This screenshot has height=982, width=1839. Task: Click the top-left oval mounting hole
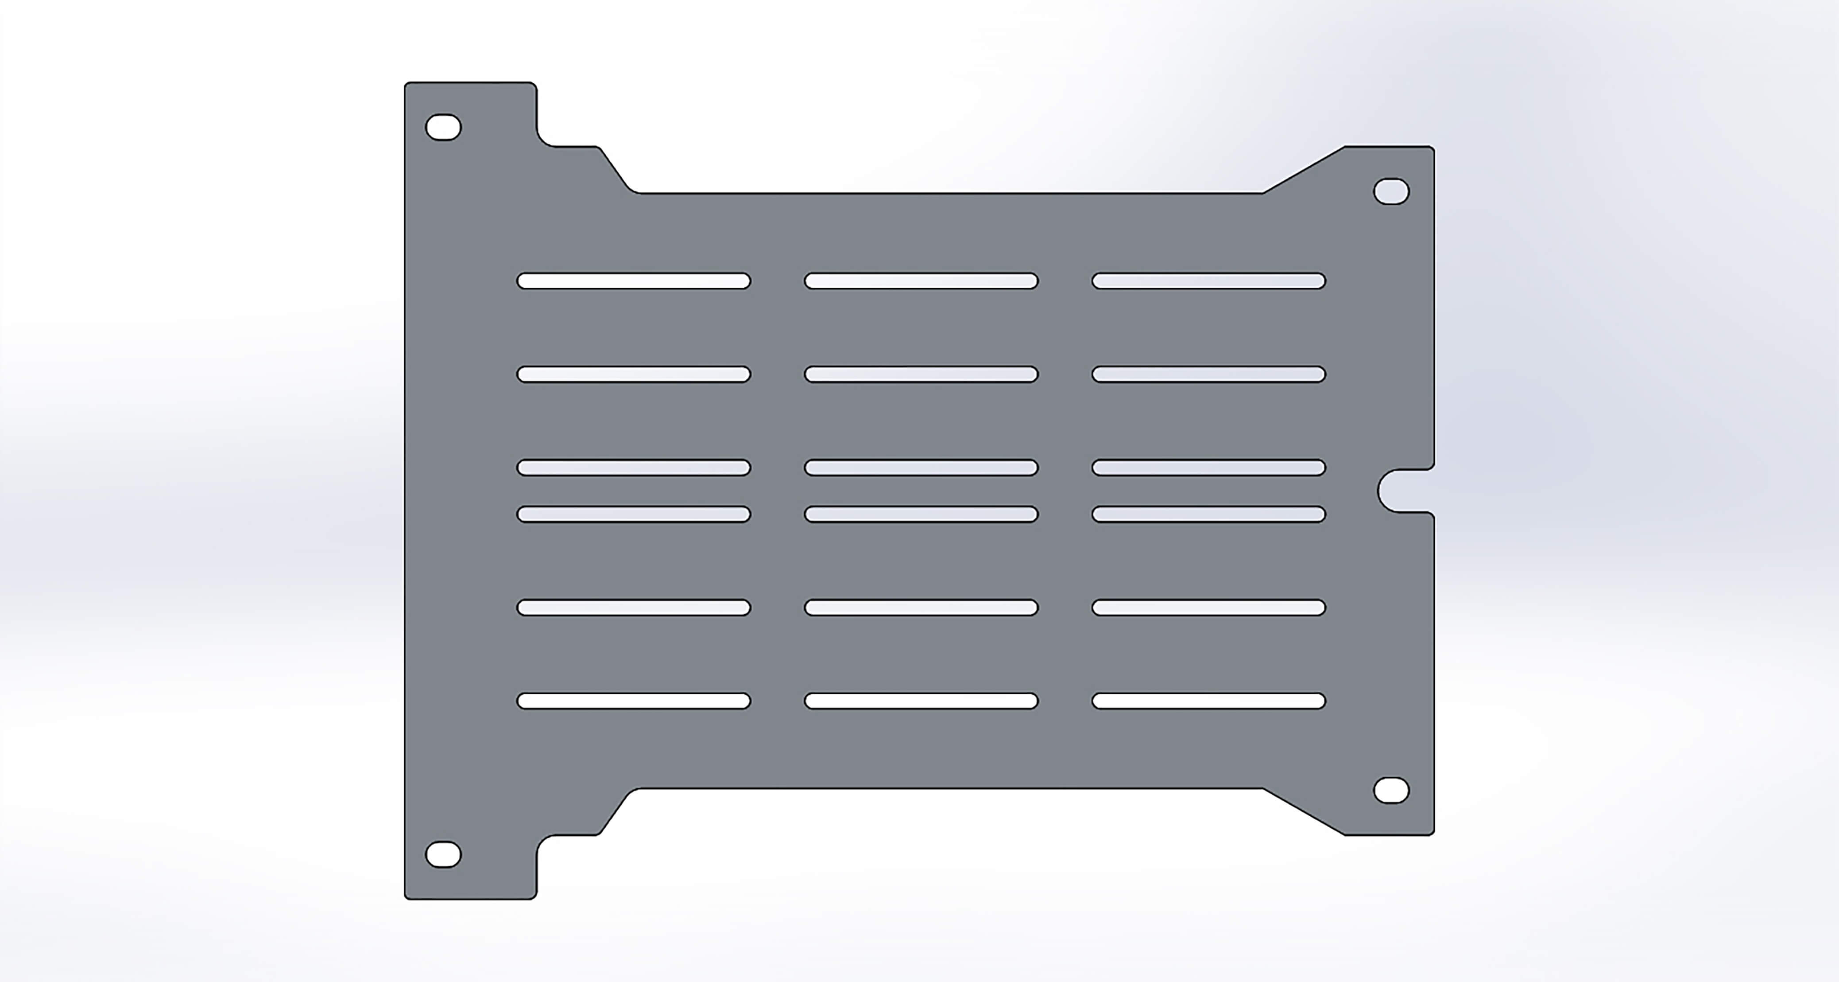click(x=443, y=127)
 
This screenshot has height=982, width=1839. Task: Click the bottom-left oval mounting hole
click(x=443, y=854)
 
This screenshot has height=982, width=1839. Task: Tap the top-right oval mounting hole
click(x=1391, y=191)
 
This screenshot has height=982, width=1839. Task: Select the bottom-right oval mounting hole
click(x=1391, y=791)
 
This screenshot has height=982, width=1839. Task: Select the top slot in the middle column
click(x=921, y=281)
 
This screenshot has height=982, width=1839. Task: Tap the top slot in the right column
click(x=1208, y=281)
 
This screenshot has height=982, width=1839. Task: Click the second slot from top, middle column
click(x=921, y=374)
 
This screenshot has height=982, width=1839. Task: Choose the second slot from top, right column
click(x=1208, y=374)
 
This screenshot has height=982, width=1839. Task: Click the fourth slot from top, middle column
click(x=921, y=514)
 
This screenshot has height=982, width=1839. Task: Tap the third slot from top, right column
click(x=1208, y=468)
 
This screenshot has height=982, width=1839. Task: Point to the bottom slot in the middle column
click(x=921, y=701)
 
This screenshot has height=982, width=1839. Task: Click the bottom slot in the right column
click(x=1208, y=701)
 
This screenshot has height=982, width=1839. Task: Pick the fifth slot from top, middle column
click(x=921, y=608)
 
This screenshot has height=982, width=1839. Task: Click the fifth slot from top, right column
click(x=1208, y=608)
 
